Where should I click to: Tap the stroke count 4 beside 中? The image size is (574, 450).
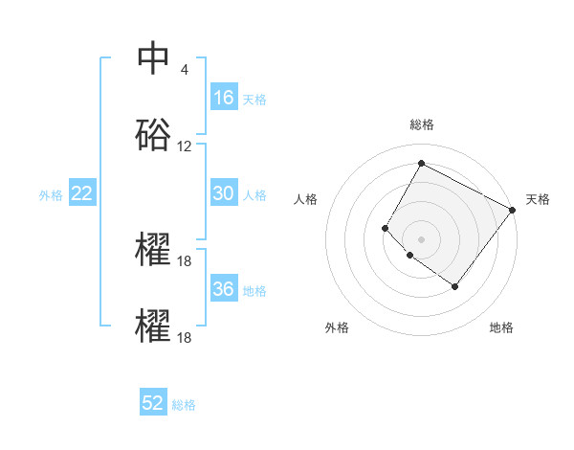(184, 69)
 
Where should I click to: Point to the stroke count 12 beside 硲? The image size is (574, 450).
(185, 146)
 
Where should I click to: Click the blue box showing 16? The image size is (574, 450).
(224, 98)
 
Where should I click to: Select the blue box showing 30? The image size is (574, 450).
(224, 193)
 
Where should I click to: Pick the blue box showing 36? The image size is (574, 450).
(224, 289)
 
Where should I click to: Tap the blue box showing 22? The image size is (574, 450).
(82, 193)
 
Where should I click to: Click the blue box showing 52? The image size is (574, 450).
(153, 403)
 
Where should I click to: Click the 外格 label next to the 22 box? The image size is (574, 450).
(51, 194)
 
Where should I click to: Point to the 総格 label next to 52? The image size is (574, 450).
(184, 405)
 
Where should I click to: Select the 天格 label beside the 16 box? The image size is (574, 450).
(254, 99)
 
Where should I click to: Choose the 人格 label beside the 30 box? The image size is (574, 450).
(254, 194)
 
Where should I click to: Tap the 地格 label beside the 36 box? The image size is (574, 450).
(254, 290)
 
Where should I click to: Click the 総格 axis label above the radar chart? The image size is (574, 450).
(422, 124)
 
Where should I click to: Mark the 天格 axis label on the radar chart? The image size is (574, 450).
(538, 199)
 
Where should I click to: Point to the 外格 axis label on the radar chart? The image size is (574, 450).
(337, 327)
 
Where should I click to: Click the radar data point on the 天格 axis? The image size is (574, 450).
(512, 210)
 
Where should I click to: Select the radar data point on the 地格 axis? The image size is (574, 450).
(454, 286)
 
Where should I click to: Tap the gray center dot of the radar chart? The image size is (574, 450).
(421, 238)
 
